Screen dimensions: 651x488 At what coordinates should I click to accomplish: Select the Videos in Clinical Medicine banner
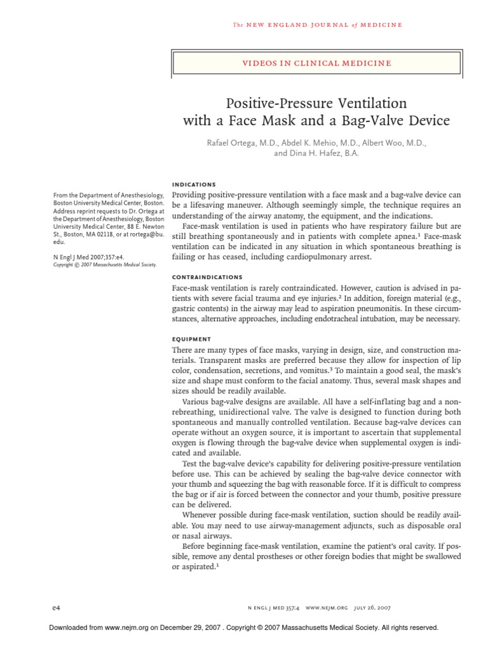coord(316,63)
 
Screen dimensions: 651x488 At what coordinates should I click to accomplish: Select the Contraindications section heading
coord(207,277)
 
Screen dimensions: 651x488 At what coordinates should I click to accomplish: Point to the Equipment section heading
coord(192,339)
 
